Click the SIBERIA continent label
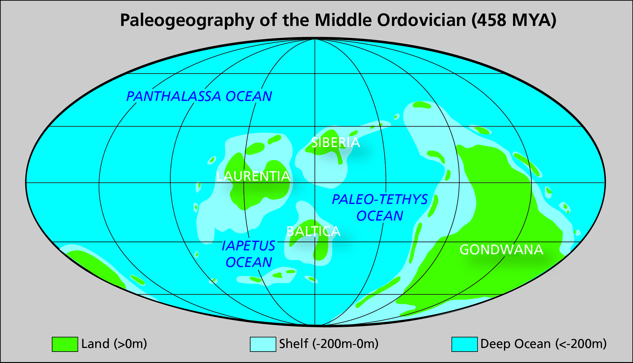click(335, 142)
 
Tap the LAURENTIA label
click(253, 176)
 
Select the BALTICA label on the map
click(313, 231)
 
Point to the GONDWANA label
click(501, 250)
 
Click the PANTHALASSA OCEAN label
click(199, 96)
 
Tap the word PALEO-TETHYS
click(380, 199)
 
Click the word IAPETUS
click(248, 246)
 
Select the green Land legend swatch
click(65, 344)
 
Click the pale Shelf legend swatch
click(263, 344)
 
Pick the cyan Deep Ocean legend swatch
click(464, 344)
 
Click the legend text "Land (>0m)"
click(114, 344)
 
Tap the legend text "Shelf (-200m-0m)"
click(329, 344)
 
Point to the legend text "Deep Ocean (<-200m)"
click(543, 344)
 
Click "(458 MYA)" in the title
click(514, 20)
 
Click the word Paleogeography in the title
click(187, 20)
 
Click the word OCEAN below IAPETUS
click(249, 262)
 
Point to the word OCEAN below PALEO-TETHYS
click(380, 216)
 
